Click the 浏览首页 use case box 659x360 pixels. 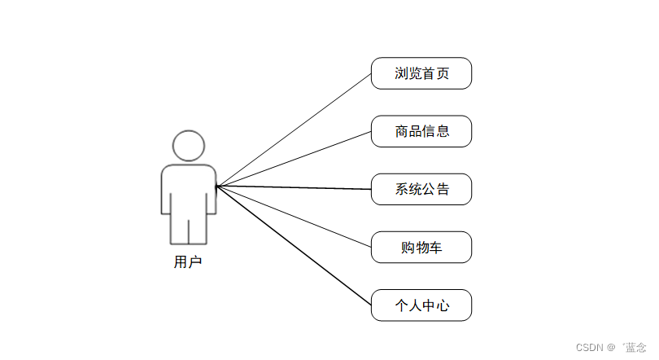(421, 73)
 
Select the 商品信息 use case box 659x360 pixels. (421, 131)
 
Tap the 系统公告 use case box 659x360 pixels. (421, 189)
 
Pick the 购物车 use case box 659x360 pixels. (421, 247)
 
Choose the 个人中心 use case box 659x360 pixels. (421, 305)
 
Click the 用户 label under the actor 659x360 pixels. (188, 262)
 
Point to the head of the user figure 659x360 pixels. (189, 146)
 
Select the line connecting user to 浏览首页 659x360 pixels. (293, 130)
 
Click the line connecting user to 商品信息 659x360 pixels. (293, 160)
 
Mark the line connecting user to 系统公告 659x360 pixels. (293, 188)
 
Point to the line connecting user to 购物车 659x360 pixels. (293, 217)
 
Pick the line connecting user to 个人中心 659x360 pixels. (293, 246)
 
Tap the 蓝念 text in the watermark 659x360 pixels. (635, 347)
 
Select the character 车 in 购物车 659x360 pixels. (436, 247)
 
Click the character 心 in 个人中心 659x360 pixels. (442, 305)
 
